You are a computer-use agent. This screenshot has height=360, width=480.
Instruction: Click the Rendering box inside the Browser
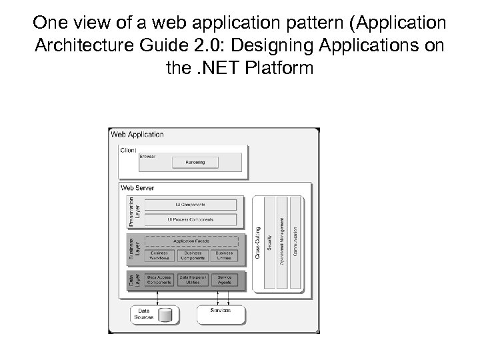tap(195, 162)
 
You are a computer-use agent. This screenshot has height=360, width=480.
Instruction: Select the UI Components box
tap(191, 205)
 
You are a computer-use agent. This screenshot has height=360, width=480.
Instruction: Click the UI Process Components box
tap(191, 219)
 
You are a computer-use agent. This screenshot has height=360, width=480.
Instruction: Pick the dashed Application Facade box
tap(191, 241)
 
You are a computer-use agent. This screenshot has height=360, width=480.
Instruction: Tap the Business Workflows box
tap(159, 256)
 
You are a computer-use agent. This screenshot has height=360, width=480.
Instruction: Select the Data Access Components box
tap(159, 280)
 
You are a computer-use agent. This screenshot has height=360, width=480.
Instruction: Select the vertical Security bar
tap(269, 243)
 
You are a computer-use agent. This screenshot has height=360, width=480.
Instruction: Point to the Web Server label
tap(137, 188)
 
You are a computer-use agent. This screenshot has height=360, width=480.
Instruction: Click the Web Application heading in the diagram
tap(137, 134)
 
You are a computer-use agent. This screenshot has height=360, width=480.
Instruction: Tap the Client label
tap(128, 150)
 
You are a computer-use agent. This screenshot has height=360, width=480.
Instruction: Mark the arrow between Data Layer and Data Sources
tap(157, 299)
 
